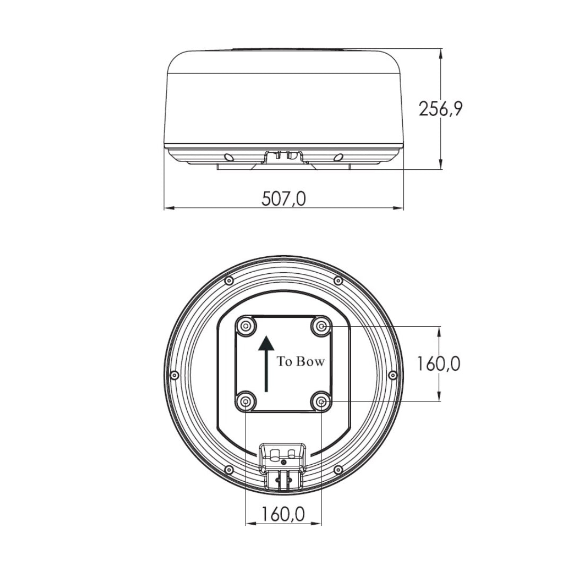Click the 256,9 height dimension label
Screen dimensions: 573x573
point(440,109)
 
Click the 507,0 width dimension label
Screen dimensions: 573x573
point(284,199)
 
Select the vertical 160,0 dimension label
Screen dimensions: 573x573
point(439,363)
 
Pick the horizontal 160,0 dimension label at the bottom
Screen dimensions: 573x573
point(283,515)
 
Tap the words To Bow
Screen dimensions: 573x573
point(300,361)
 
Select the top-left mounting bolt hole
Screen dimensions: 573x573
point(246,325)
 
